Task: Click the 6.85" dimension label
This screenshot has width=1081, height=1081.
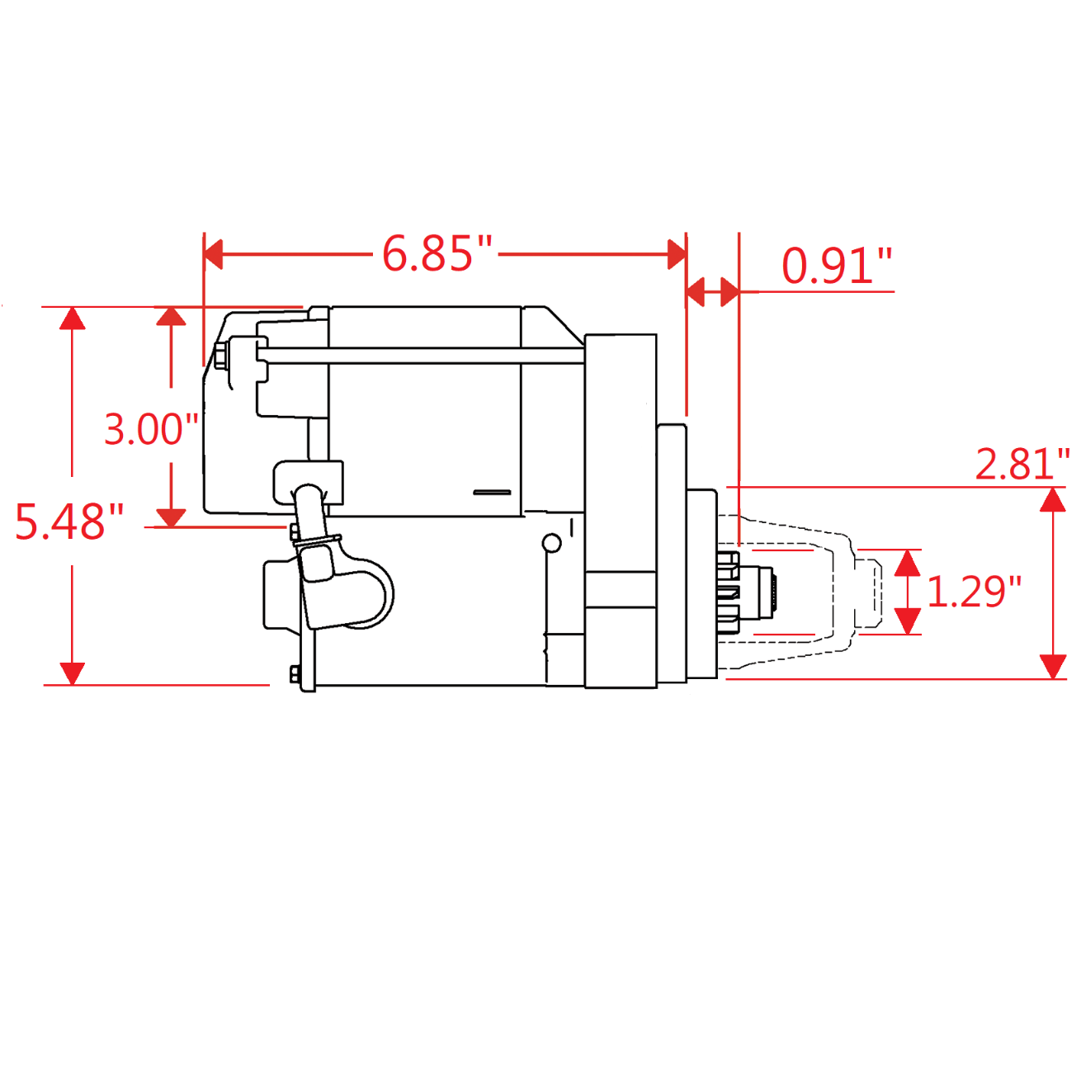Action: [x=437, y=254]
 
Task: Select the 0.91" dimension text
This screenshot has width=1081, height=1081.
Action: [x=837, y=266]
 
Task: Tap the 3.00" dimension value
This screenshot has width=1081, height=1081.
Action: [x=152, y=429]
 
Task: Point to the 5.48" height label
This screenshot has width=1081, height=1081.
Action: [x=69, y=522]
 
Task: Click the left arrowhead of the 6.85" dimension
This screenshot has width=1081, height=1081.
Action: [x=213, y=254]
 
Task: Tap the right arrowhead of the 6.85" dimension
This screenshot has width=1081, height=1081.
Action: [x=677, y=254]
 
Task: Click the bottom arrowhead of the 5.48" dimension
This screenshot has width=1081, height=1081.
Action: [x=73, y=673]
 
